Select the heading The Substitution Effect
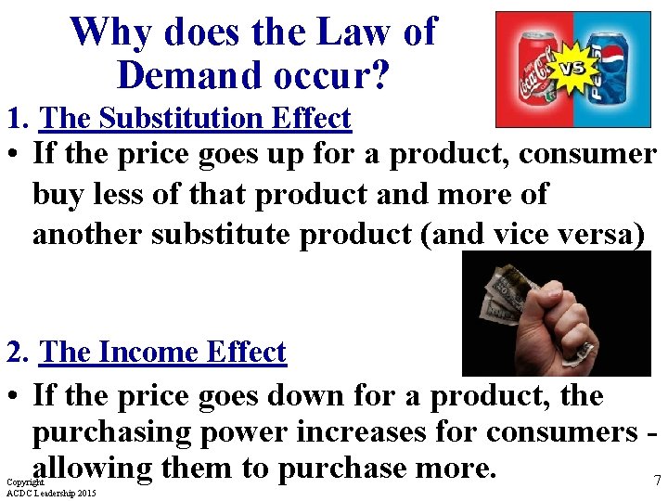pyautogui.click(x=196, y=119)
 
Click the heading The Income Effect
pyautogui.click(x=163, y=353)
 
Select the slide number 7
pyautogui.click(x=657, y=481)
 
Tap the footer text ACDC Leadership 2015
pyautogui.click(x=51, y=494)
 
